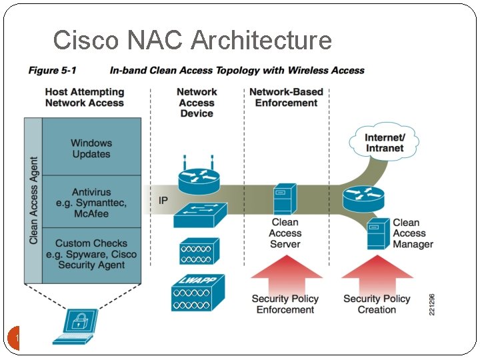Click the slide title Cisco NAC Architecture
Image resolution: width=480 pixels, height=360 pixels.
pos(192,40)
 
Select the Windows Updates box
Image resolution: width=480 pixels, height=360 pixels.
pos(91,148)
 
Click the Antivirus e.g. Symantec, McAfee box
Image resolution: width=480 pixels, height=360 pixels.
pos(91,202)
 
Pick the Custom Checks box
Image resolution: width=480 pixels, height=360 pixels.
pos(91,254)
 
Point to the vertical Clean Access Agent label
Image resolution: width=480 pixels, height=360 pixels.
pos(33,200)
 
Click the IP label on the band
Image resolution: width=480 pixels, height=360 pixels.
pos(163,201)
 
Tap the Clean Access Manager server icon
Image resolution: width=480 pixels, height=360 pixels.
pos(378,233)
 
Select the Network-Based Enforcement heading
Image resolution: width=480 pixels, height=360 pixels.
pos(286,97)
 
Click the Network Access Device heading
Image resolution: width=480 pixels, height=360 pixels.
pos(197,103)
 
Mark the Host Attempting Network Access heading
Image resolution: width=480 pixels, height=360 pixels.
pos(85,97)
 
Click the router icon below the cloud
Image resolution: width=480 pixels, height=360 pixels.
pos(363,198)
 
